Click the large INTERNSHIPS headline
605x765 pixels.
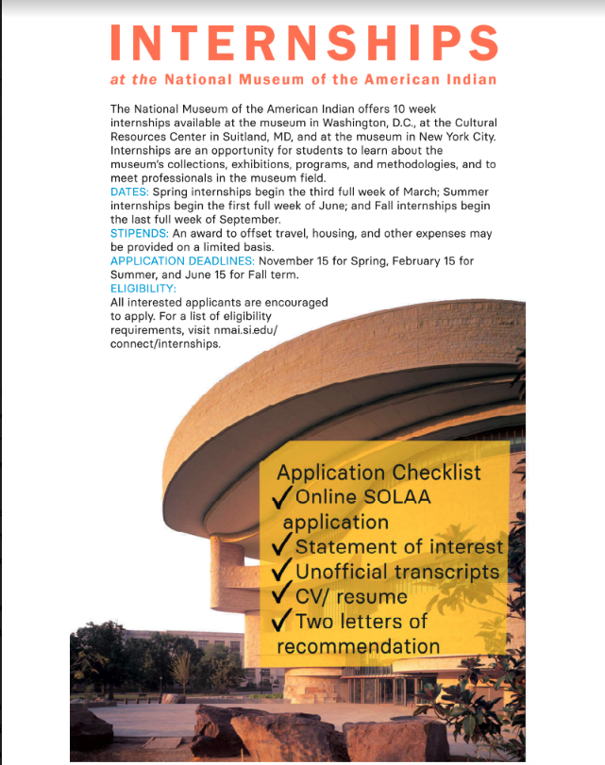[304, 42]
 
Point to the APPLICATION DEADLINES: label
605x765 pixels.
[183, 260]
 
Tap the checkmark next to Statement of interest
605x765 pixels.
[281, 547]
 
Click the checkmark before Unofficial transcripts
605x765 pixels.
[281, 573]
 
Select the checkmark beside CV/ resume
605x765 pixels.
[281, 597]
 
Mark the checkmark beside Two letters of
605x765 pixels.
[281, 622]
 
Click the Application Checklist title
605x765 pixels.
[378, 473]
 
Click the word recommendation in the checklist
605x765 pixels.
[359, 646]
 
